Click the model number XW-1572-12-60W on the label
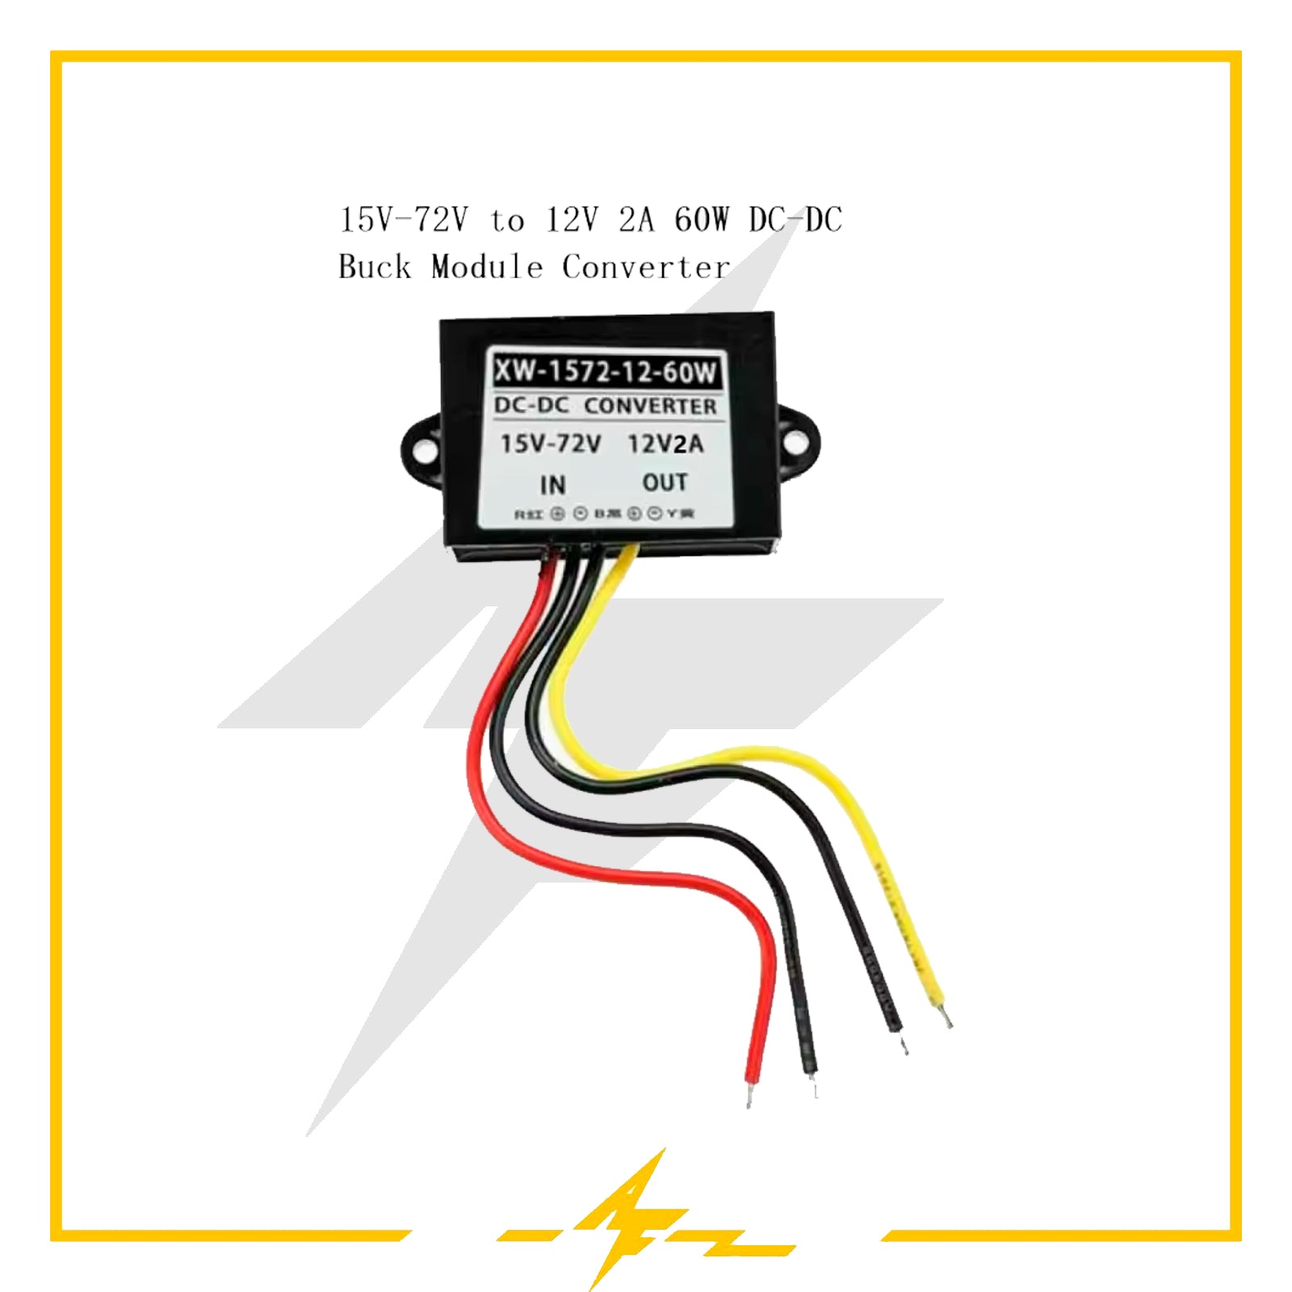605,371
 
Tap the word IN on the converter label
552,484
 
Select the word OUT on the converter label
665,482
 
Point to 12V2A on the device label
665,444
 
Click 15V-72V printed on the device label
550,444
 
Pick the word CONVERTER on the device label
650,406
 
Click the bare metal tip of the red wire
749,1096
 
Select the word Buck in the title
375,266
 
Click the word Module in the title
487,266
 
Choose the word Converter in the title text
646,266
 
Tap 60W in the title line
701,220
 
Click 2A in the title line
636,220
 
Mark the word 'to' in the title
507,220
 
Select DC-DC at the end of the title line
795,220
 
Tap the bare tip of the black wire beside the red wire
814,1086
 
